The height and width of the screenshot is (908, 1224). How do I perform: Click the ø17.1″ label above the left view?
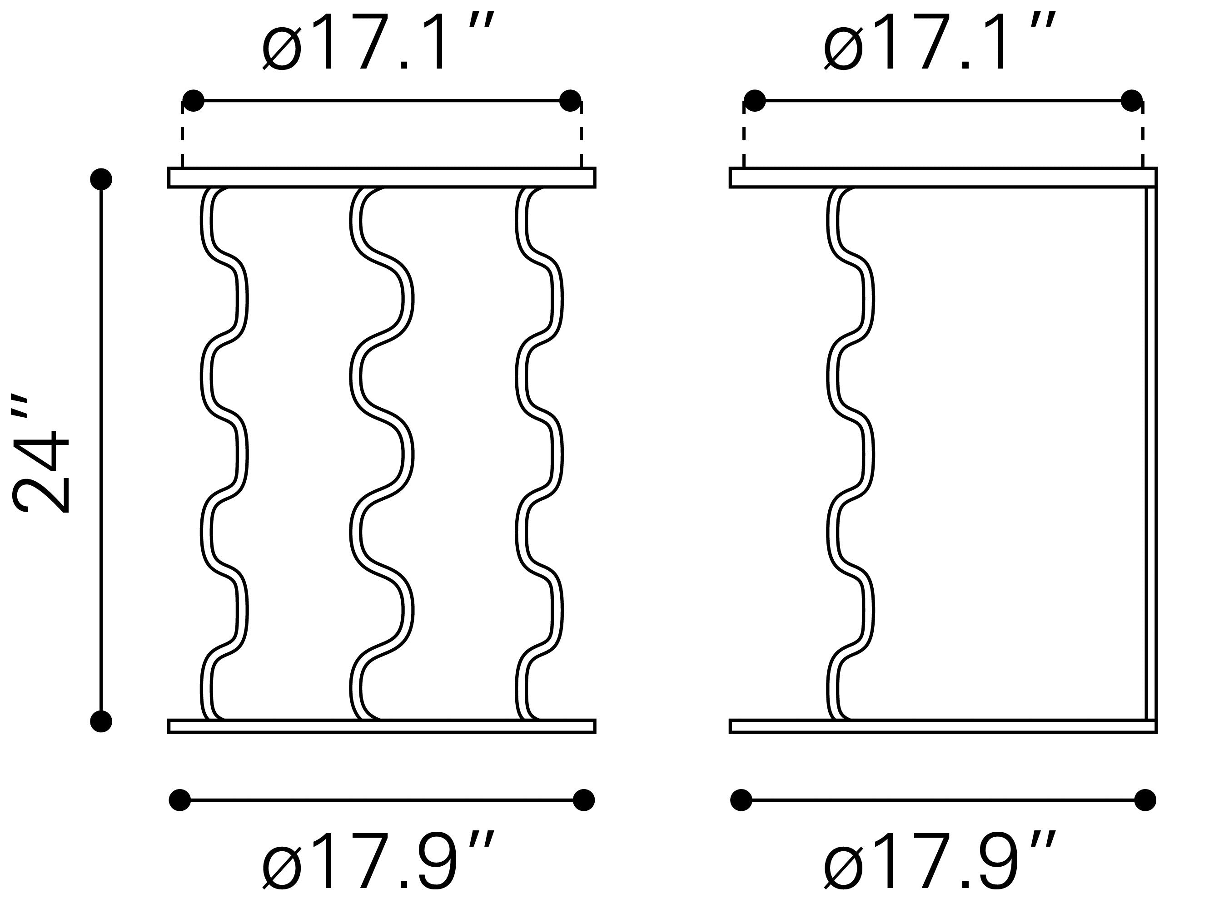coord(379,42)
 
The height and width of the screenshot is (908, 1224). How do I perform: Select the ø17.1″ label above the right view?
coord(940,42)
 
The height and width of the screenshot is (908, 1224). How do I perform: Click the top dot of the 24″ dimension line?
coord(101,179)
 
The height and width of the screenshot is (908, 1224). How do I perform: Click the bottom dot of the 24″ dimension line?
coord(101,722)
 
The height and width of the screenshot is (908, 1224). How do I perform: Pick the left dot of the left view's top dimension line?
coord(193,101)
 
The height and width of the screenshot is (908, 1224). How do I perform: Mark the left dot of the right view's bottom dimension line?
coord(741,800)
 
